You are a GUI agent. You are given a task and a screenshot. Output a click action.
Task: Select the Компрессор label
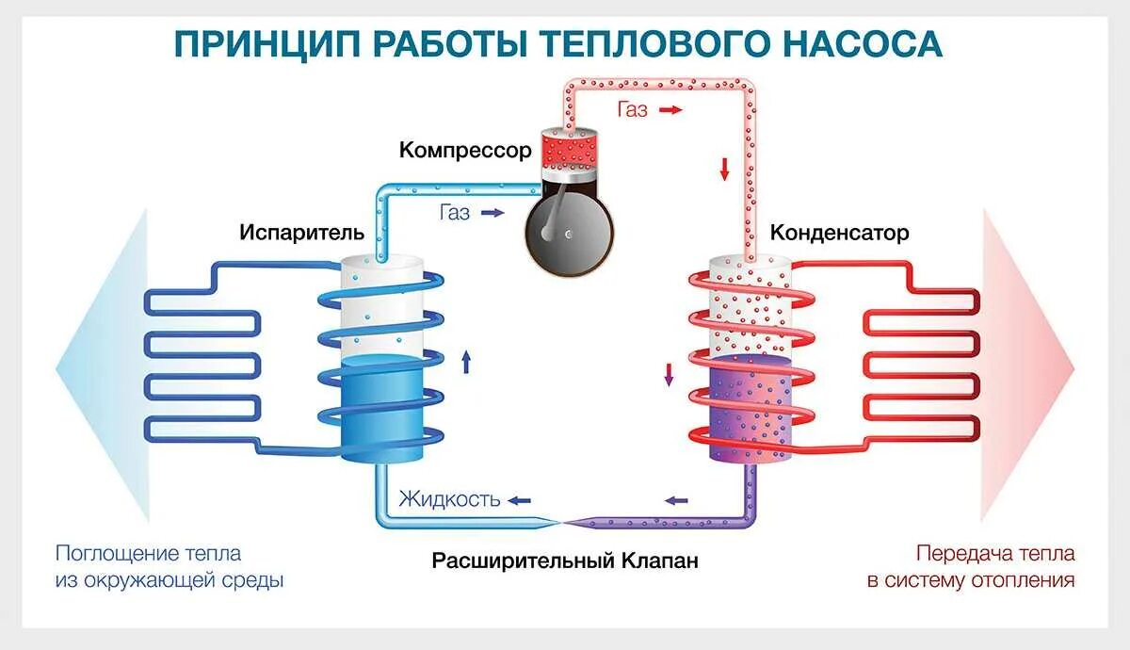coord(465,150)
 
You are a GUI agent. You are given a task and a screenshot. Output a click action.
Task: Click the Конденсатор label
coord(840,233)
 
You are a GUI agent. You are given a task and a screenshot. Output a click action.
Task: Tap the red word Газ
coord(633,110)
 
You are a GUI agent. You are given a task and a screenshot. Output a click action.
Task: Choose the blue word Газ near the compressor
coord(454,213)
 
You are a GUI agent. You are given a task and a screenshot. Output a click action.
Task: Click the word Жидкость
coord(449,499)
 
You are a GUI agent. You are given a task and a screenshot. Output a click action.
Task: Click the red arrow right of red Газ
coord(670,110)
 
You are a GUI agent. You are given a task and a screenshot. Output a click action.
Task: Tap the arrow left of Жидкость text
coord(519,499)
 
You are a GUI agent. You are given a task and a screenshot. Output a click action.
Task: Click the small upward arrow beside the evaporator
coord(466,361)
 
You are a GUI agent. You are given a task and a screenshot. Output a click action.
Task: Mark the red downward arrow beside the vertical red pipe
coord(725,169)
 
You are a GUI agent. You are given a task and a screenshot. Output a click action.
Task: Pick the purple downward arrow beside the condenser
coord(670,374)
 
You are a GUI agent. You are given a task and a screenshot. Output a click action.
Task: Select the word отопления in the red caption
coord(1024,580)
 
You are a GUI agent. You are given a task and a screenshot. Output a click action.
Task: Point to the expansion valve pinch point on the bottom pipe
coord(561,521)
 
